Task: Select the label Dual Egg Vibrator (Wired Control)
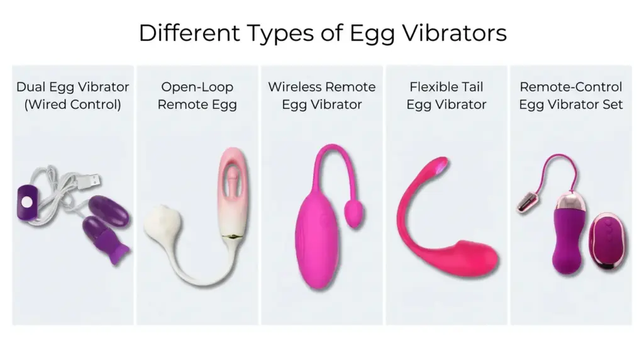(73, 96)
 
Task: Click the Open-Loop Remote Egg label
(197, 96)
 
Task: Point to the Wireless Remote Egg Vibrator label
(322, 96)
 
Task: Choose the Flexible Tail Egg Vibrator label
(447, 96)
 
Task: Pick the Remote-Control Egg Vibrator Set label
(571, 96)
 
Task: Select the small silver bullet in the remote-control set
(527, 204)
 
